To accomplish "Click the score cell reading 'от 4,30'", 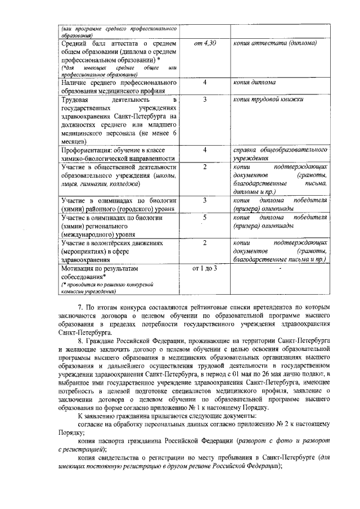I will click(205, 43).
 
